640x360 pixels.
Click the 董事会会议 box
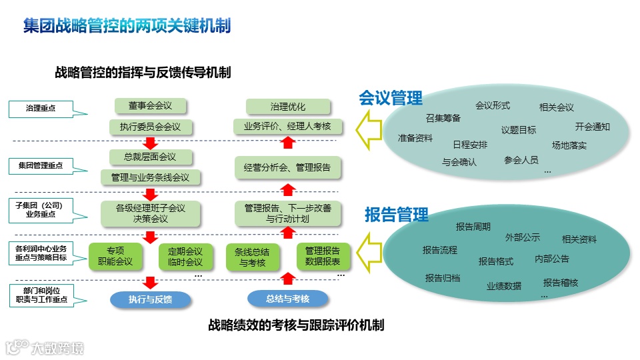pyautogui.click(x=150, y=106)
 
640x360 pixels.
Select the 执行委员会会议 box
pyautogui.click(x=150, y=127)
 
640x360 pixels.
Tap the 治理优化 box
pyautogui.click(x=288, y=107)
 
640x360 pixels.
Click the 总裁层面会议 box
pyautogui.click(x=150, y=157)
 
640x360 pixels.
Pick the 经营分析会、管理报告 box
pyautogui.click(x=288, y=167)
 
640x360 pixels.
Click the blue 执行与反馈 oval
pyautogui.click(x=150, y=299)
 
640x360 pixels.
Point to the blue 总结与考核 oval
pyautogui.click(x=288, y=299)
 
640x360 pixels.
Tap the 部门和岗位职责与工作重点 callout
pyautogui.click(x=41, y=295)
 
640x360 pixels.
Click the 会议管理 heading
pyautogui.click(x=391, y=99)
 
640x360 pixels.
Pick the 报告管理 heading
pyautogui.click(x=396, y=215)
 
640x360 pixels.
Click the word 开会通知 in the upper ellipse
pyautogui.click(x=592, y=127)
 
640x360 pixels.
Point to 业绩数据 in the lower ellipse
pyautogui.click(x=504, y=286)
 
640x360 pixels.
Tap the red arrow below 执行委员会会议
pyautogui.click(x=150, y=142)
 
